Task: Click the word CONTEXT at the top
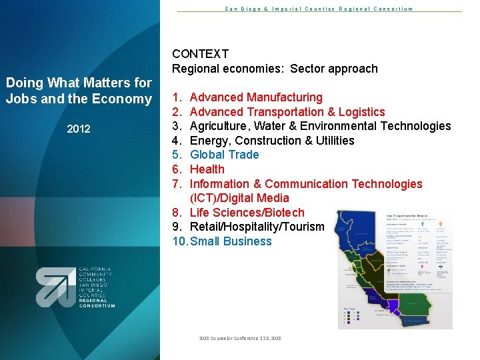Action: (200, 54)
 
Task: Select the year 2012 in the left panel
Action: (79, 129)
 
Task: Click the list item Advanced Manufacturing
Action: (256, 97)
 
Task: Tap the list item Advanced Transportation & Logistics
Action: (287, 112)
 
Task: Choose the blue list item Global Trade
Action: (225, 155)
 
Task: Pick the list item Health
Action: (207, 169)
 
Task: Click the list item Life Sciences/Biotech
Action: (247, 213)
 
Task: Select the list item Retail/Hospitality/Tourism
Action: (257, 227)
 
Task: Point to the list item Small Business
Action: (231, 241)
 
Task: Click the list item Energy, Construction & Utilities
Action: (272, 141)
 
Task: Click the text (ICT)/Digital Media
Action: (239, 198)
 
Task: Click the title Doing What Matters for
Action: (79, 83)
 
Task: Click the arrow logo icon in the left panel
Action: (55, 287)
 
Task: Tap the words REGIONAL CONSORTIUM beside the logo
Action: (97, 303)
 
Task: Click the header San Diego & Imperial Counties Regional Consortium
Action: (318, 9)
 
